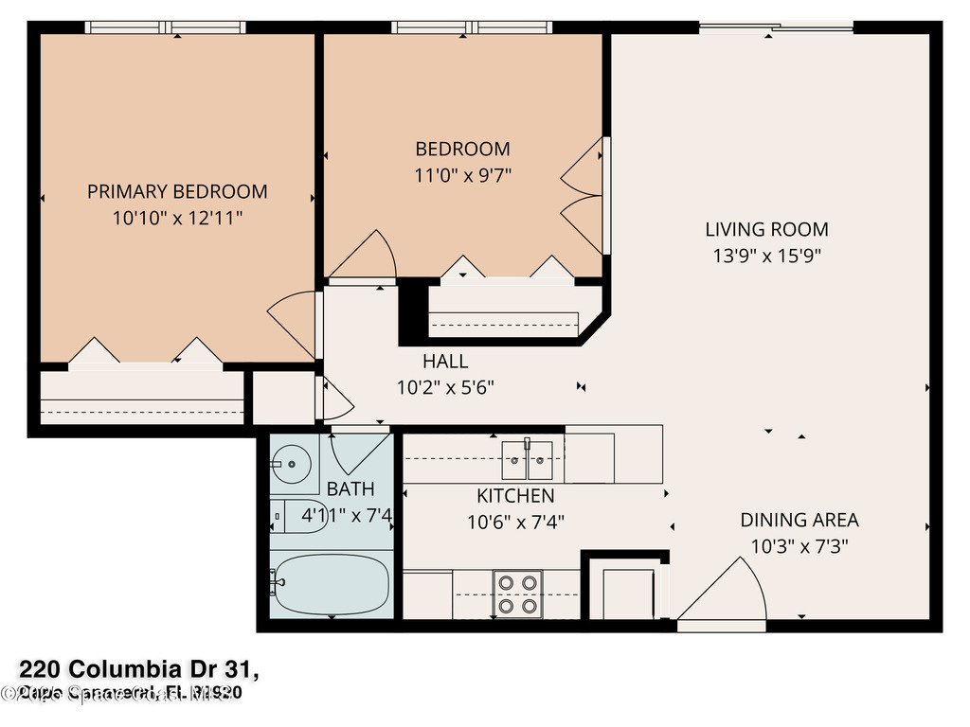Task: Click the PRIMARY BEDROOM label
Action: [177, 191]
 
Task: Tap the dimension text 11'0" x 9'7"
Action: [463, 175]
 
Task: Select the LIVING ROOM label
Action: [766, 229]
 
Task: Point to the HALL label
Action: [445, 361]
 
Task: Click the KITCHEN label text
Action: [515, 496]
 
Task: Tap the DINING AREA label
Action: [799, 520]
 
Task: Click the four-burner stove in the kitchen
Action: [518, 594]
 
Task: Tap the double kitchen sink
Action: [528, 460]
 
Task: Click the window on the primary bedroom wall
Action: [167, 28]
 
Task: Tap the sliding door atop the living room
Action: [775, 28]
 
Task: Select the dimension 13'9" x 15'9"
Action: [766, 256]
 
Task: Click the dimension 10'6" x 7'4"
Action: [515, 522]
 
